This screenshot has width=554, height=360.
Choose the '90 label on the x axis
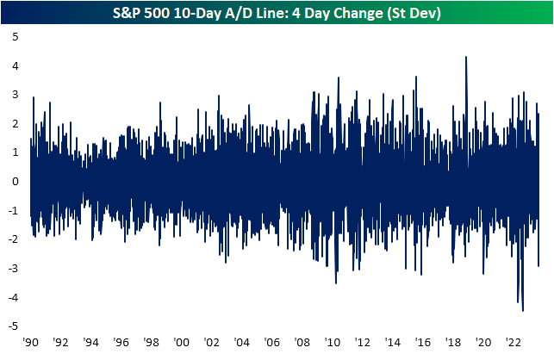[30, 342]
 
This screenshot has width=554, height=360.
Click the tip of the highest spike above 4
[466, 57]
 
